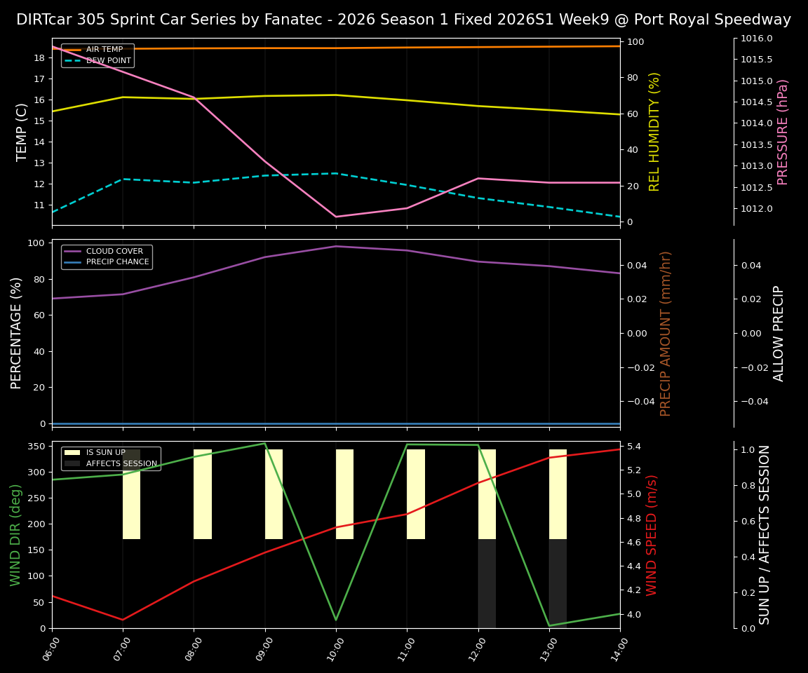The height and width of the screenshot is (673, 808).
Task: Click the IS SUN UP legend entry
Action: click(105, 453)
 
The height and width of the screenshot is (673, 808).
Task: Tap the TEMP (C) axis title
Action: click(22, 132)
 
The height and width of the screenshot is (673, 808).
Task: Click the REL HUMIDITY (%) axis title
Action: click(655, 132)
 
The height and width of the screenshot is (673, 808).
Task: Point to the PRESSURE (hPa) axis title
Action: click(783, 132)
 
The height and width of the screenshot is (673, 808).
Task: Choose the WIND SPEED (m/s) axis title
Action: click(652, 535)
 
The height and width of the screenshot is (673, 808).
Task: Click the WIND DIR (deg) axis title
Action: click(15, 535)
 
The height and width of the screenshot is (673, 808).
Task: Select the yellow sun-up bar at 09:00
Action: click(274, 494)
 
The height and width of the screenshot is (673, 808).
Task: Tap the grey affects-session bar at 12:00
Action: click(487, 583)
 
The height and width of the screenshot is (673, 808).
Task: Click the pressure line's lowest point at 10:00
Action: click(336, 217)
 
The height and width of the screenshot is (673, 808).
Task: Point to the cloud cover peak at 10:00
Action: click(336, 246)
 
